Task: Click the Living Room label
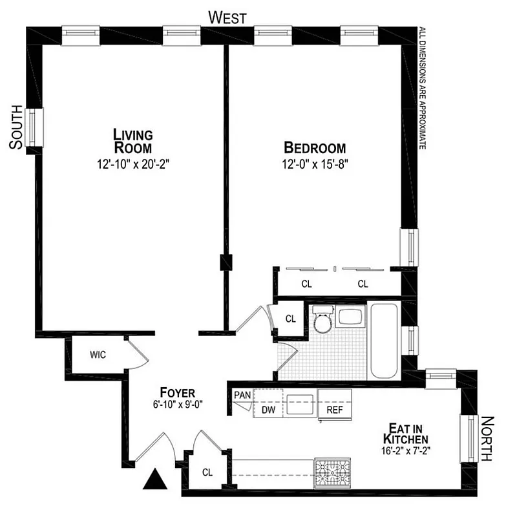pyautogui.click(x=132, y=141)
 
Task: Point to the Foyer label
pyautogui.click(x=177, y=392)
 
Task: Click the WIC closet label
pyautogui.click(x=98, y=355)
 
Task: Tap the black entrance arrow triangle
pyautogui.click(x=155, y=479)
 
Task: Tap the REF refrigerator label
pyautogui.click(x=334, y=410)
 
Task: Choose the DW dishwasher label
pyautogui.click(x=269, y=410)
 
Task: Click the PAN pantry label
pyautogui.click(x=242, y=396)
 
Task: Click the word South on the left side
pyautogui.click(x=16, y=128)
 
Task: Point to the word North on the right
pyautogui.click(x=490, y=439)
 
